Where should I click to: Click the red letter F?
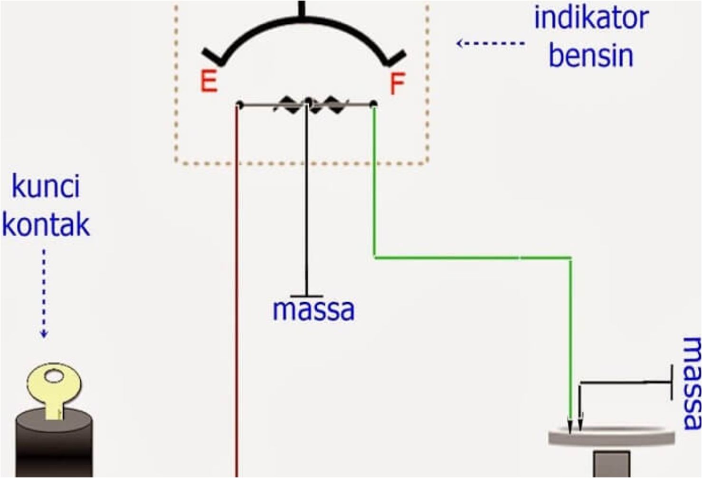pyautogui.click(x=397, y=84)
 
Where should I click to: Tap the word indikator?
pyautogui.click(x=591, y=18)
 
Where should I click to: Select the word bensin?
pyautogui.click(x=591, y=55)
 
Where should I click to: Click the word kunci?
pyautogui.click(x=46, y=186)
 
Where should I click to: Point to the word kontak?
pyautogui.click(x=46, y=224)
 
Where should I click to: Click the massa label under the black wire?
pyautogui.click(x=313, y=309)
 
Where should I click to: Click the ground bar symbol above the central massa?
pyautogui.click(x=307, y=296)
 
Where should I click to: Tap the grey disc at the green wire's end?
pyautogui.click(x=612, y=436)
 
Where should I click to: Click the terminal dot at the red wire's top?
pyautogui.click(x=240, y=104)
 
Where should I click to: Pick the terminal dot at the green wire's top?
pyautogui.click(x=373, y=104)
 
